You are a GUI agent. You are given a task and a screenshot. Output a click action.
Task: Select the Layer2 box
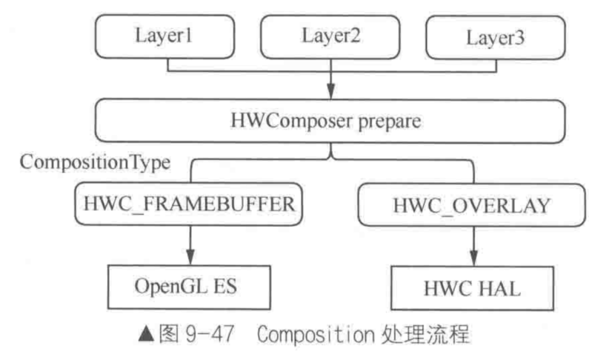click(330, 35)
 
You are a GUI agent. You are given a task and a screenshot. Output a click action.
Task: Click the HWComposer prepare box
click(330, 121)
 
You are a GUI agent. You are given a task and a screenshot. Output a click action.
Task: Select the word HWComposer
click(300, 121)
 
